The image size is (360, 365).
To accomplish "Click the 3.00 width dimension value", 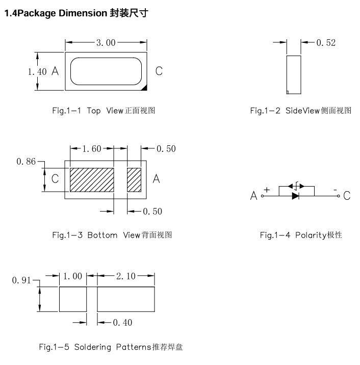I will click(106, 43).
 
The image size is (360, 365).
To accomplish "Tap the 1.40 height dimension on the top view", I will click(37, 72).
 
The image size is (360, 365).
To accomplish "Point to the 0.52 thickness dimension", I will click(326, 43).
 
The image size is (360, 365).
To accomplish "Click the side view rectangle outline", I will click(294, 75).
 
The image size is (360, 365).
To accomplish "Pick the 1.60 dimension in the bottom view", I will click(92, 149).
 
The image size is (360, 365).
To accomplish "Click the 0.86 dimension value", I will click(26, 162).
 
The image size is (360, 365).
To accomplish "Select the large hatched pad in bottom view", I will click(92, 180).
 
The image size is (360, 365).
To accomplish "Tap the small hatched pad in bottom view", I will click(134, 180).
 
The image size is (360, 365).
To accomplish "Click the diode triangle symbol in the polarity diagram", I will click(296, 195).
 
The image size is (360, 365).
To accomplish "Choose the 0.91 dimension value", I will click(22, 280).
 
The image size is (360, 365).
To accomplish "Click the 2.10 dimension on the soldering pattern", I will click(125, 276).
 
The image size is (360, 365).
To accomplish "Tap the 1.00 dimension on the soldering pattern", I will click(72, 276).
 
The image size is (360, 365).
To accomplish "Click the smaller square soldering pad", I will click(72, 299).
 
